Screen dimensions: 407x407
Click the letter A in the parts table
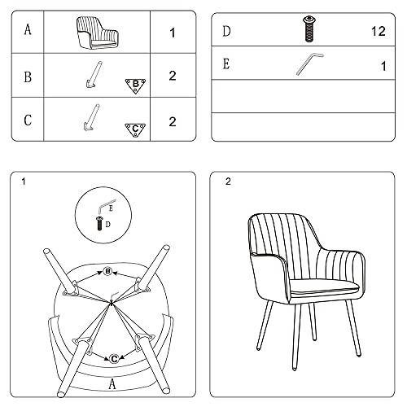coord(28,29)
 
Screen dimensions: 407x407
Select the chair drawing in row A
coord(98,33)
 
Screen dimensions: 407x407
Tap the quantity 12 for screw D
coord(379,32)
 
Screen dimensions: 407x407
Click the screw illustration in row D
coord(309,28)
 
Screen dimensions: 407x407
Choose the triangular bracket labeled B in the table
coord(135,85)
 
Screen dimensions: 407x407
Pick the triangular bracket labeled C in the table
coord(135,130)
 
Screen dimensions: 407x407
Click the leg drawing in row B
coord(94,75)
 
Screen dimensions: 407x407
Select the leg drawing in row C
coord(91,117)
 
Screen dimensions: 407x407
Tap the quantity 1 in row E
coord(383,66)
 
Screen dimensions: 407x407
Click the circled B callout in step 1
coord(107,271)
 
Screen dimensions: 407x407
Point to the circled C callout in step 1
coord(114,359)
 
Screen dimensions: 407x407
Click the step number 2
coord(228,182)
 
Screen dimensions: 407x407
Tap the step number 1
coord(24,182)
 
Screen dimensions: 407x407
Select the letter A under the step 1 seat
coord(112,384)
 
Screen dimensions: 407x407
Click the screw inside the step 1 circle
coord(99,224)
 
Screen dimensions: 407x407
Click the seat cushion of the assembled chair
coord(325,287)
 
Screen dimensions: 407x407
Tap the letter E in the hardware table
coord(226,64)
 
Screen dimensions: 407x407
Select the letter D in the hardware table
coord(226,31)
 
